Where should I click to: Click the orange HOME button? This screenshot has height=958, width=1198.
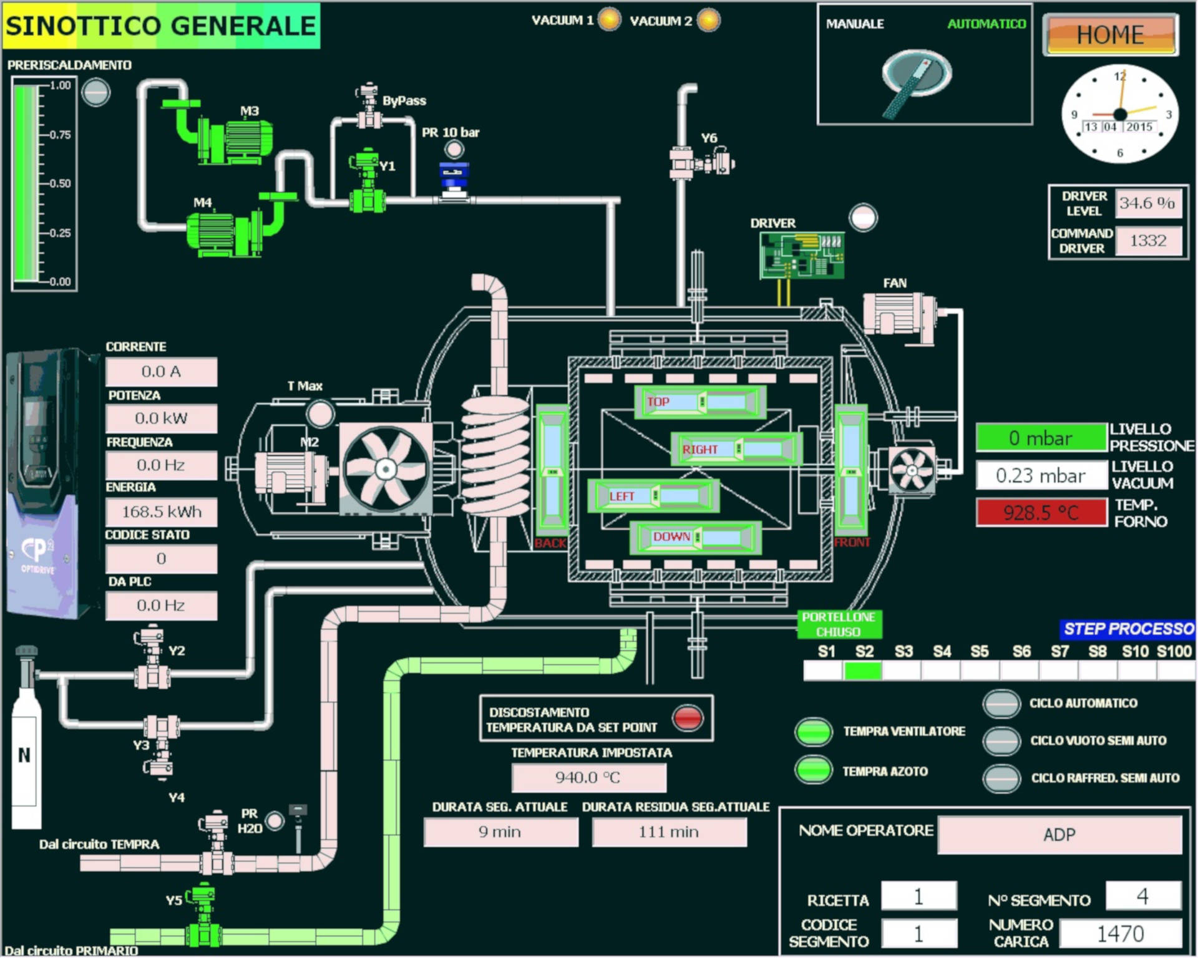[1110, 34]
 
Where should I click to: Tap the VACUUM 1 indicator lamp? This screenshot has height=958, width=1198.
[610, 19]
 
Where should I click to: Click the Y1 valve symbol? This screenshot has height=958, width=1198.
[367, 181]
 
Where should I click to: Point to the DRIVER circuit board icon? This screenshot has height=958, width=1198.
[801, 256]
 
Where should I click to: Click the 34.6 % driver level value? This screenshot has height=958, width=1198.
[1147, 203]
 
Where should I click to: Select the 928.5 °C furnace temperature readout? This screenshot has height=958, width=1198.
[1041, 512]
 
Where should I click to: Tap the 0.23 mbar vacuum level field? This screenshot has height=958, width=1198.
[1040, 475]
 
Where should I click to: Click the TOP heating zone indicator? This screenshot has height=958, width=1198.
[699, 402]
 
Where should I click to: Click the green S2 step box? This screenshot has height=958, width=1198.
[863, 670]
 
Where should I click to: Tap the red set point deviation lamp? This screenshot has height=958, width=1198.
[688, 718]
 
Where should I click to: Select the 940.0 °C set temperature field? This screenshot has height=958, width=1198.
[588, 777]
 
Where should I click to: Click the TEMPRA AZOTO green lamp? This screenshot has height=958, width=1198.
[814, 770]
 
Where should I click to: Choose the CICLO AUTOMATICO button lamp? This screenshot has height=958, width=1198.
[1001, 704]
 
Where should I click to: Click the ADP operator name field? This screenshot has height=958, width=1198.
[1059, 835]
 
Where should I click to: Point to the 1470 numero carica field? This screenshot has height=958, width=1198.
[1120, 933]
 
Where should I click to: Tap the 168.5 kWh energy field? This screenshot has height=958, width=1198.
[162, 512]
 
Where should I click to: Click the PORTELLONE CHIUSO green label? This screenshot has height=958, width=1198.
[839, 624]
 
